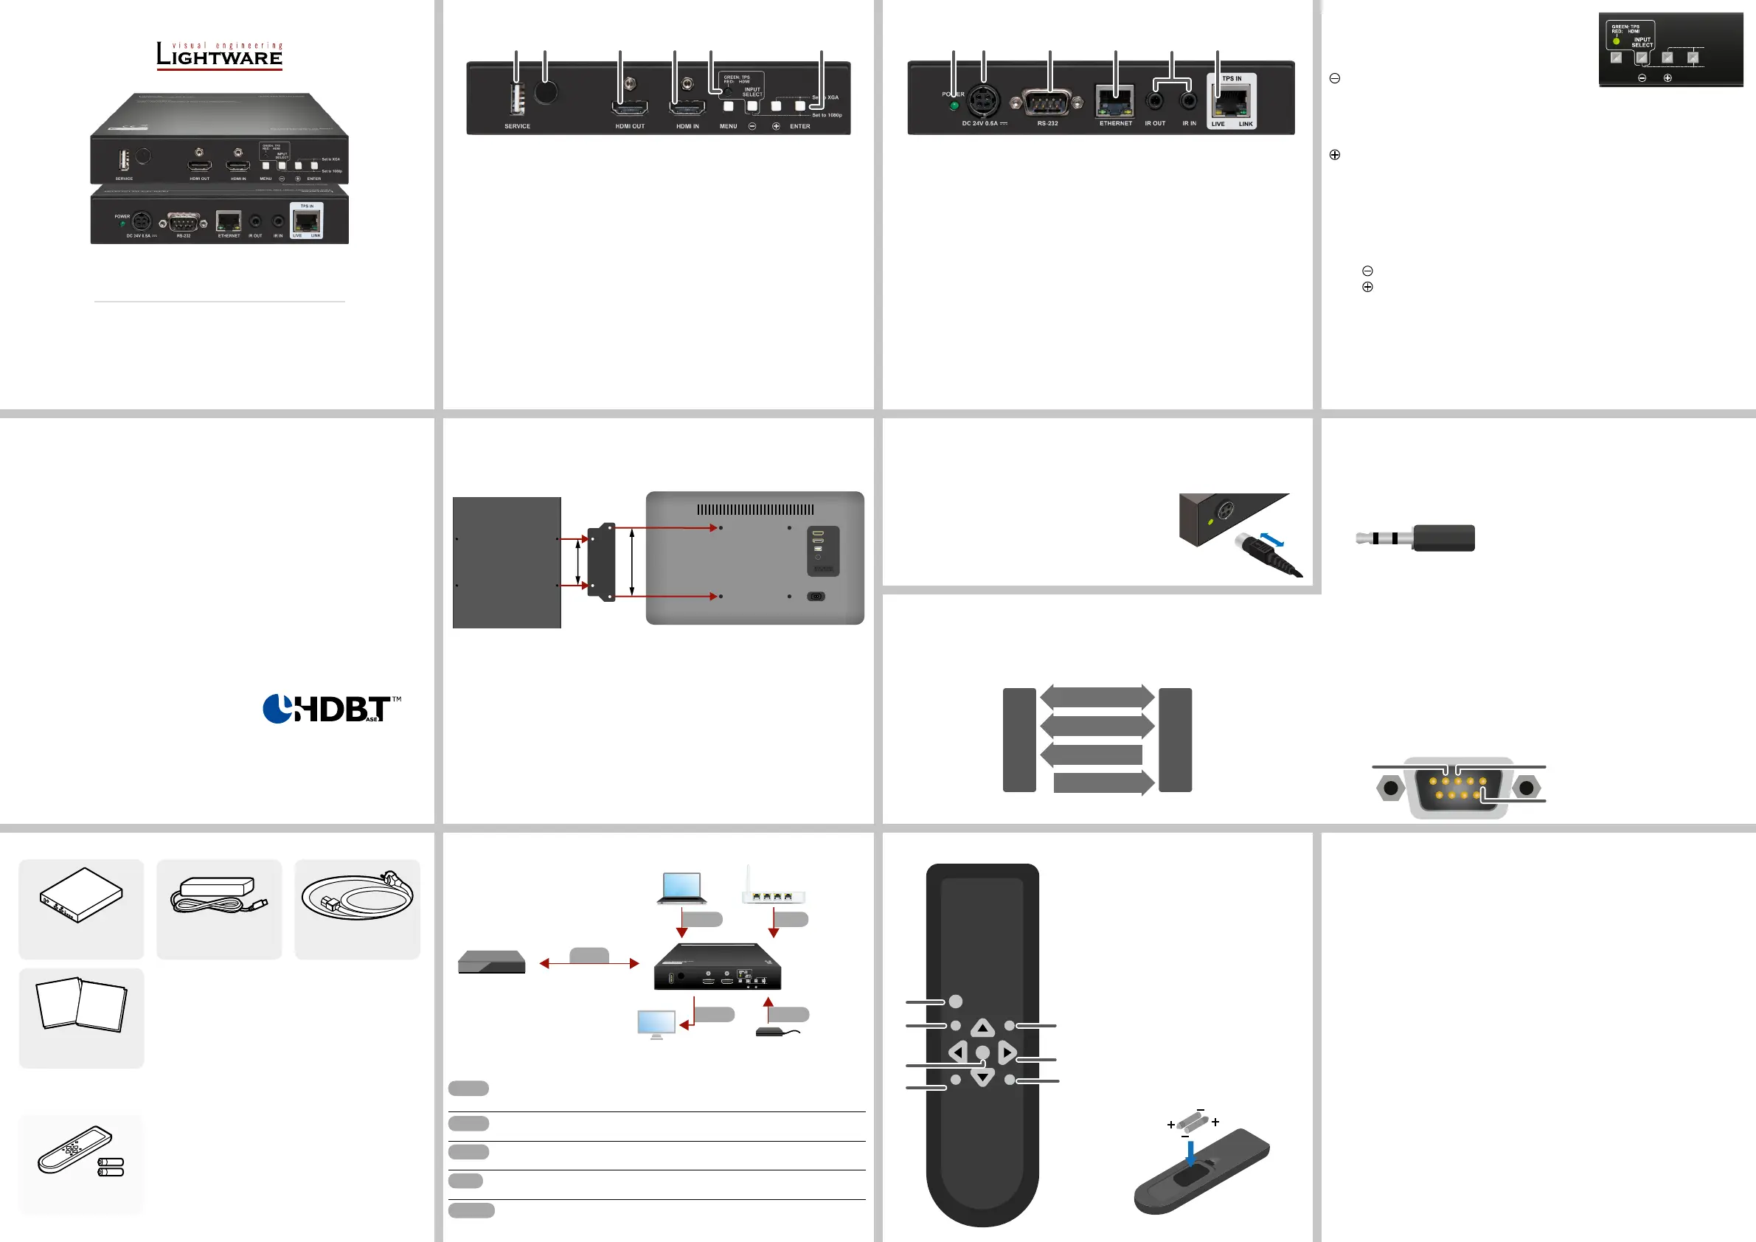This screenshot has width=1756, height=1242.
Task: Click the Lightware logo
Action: [x=220, y=56]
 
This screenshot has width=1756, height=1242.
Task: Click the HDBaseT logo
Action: [x=331, y=709]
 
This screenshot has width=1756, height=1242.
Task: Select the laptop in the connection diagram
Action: [x=681, y=888]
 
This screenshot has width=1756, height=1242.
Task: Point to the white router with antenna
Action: [x=772, y=889]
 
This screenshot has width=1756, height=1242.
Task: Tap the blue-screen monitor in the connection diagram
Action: [x=656, y=1024]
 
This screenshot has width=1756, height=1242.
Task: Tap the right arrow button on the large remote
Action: [x=1007, y=1053]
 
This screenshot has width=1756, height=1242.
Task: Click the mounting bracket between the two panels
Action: [x=602, y=561]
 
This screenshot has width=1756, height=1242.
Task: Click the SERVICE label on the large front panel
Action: [x=517, y=126]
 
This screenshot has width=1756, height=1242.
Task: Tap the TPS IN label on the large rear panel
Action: [x=1232, y=79]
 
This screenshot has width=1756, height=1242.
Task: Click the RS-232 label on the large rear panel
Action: [x=1048, y=123]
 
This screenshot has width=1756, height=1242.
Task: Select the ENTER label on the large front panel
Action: [x=800, y=126]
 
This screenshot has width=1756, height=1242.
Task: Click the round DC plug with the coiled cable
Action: [x=1266, y=555]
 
